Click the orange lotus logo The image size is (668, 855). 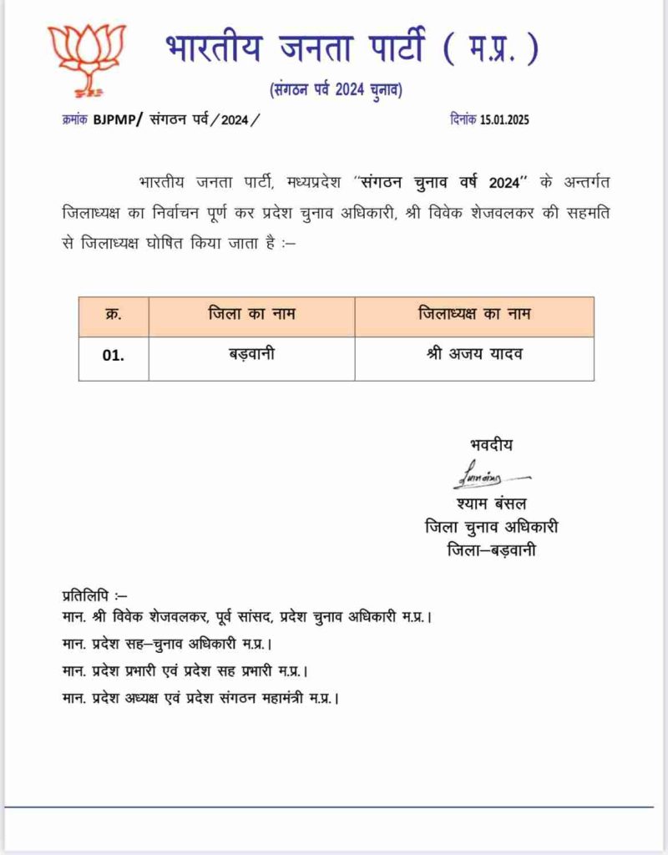(87, 56)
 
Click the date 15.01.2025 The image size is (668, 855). (504, 119)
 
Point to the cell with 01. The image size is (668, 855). (114, 354)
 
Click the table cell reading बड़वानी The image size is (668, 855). (251, 354)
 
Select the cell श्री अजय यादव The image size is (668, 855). (473, 354)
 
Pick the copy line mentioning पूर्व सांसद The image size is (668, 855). (247, 617)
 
